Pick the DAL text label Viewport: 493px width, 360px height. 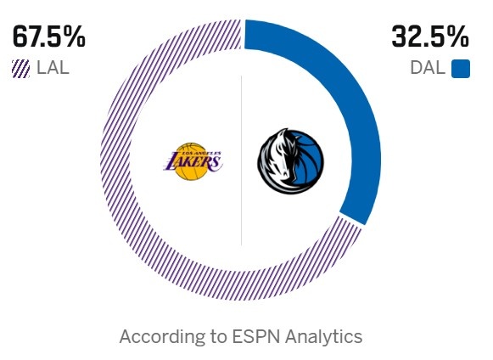click(427, 69)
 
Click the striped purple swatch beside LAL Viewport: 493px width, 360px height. click(21, 69)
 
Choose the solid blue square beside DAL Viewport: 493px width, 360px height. click(461, 69)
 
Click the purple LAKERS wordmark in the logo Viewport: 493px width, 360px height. click(191, 160)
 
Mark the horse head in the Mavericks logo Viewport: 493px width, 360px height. click(280, 158)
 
